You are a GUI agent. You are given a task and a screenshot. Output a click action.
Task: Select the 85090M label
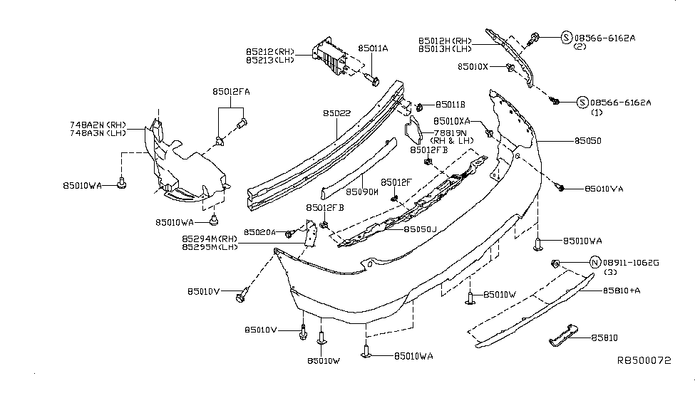[361, 192]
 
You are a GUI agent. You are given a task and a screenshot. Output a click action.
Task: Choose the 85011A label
[373, 48]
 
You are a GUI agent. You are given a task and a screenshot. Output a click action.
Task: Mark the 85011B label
[450, 104]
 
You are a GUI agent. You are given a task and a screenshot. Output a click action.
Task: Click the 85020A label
[259, 232]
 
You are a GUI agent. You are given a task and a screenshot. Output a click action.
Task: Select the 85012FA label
[230, 92]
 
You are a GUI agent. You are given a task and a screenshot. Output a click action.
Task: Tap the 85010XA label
[453, 121]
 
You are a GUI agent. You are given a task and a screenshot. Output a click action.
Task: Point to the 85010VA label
[604, 189]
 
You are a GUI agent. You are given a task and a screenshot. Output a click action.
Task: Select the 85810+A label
[622, 291]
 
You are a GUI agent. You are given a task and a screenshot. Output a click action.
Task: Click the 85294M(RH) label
[209, 239]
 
